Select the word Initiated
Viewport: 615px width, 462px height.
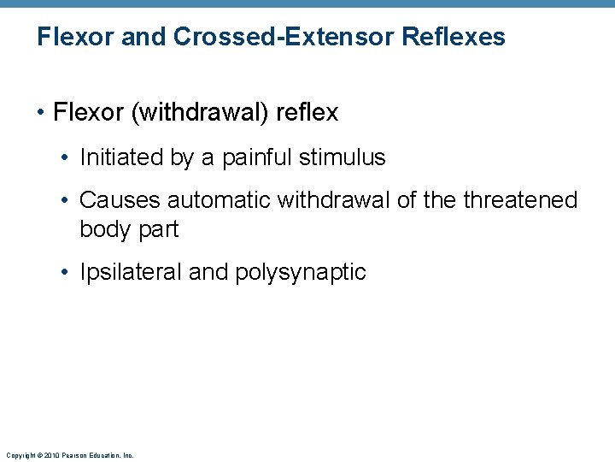[x=118, y=157]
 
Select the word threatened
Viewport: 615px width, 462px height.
[x=520, y=200]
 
